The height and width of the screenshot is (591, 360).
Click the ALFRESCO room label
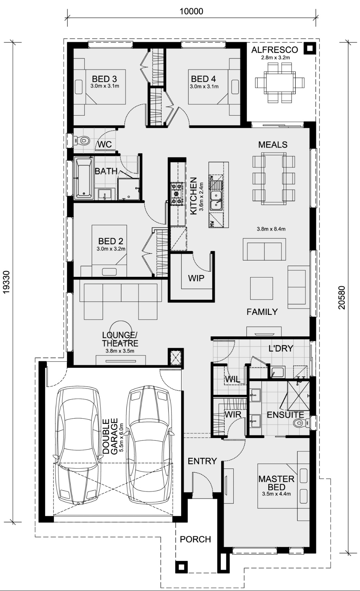pos(274,49)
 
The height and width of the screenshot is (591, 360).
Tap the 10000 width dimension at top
pos(191,11)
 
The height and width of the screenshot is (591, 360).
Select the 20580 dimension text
pos(342,298)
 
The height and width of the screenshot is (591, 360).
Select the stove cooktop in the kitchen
pos(177,194)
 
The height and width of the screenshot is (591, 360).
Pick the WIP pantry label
pos(196,278)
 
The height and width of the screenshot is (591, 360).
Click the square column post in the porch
pos(182,567)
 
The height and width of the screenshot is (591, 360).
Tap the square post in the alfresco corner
pos(309,48)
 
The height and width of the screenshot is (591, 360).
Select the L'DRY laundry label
pos(281,348)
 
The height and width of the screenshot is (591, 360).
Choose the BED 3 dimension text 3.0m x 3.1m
pos(105,86)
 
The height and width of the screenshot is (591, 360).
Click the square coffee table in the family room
pos(261,288)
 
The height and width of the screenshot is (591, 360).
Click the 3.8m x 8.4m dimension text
pos(271,229)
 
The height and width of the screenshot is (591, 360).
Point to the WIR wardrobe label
pos(233,415)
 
